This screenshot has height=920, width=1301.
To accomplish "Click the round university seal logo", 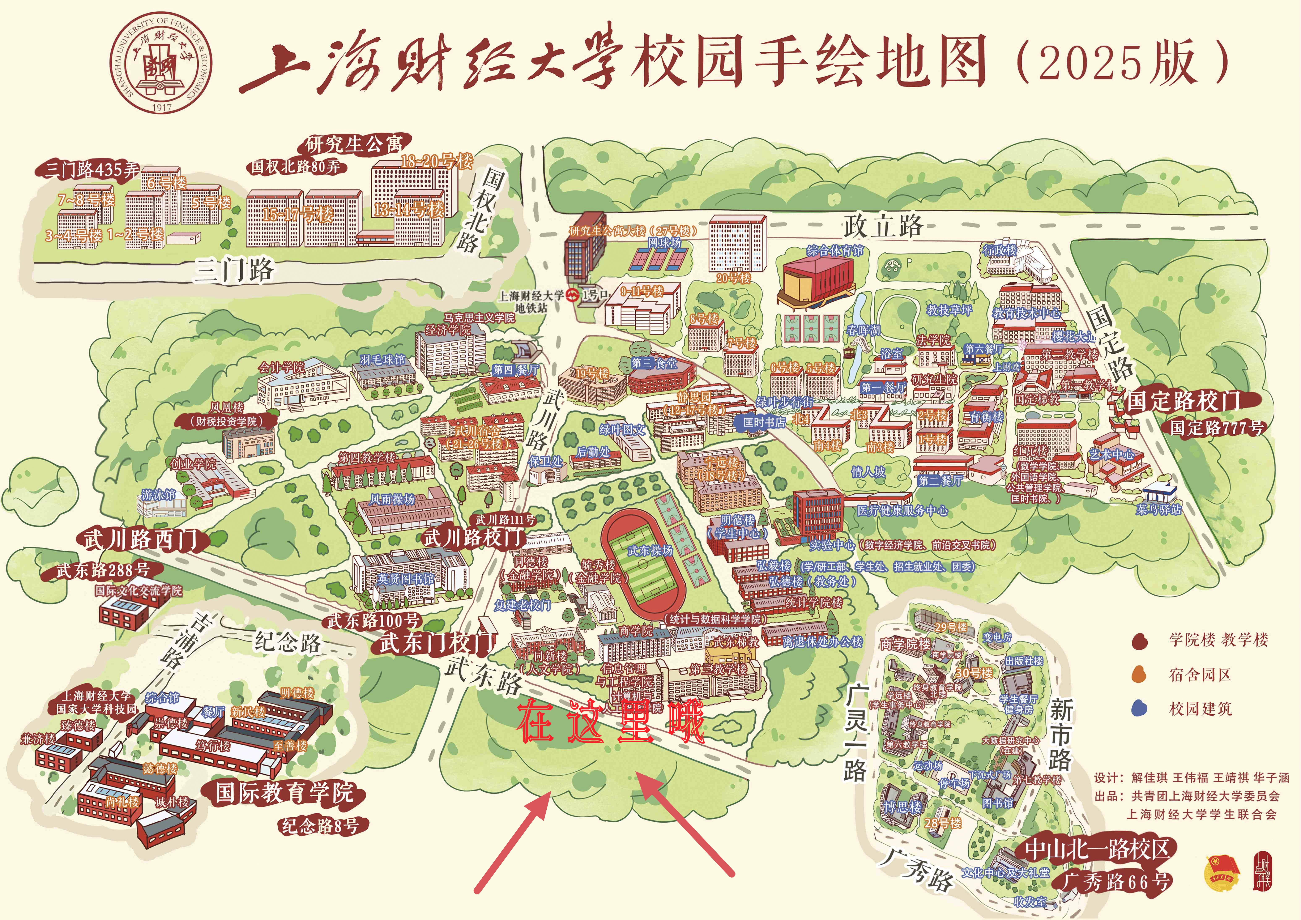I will pyautogui.click(x=161, y=64).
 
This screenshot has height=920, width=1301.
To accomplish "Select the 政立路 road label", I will pyautogui.click(x=883, y=226).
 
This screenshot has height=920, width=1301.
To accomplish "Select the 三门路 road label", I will pyautogui.click(x=234, y=270).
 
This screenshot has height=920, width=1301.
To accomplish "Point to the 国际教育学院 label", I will pyautogui.click(x=285, y=792).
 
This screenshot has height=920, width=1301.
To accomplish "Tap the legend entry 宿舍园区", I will pyautogui.click(x=1200, y=674).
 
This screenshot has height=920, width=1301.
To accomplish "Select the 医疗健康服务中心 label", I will pyautogui.click(x=902, y=510).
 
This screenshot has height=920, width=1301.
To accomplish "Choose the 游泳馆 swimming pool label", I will pyautogui.click(x=158, y=495).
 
